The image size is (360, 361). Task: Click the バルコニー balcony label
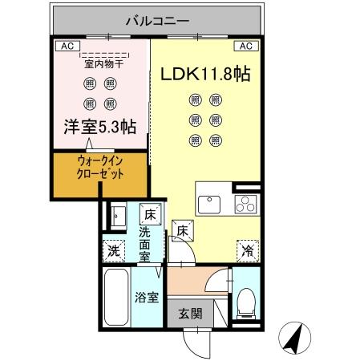[156, 18]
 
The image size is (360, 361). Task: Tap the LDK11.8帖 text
[206, 74]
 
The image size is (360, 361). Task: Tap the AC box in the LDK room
[246, 47]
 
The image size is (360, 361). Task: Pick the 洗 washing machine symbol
[113, 251]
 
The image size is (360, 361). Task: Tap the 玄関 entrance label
[190, 313]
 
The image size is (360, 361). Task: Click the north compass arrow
[295, 337]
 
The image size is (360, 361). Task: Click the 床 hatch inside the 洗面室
[149, 214]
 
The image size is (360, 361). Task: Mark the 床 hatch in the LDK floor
[183, 231]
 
